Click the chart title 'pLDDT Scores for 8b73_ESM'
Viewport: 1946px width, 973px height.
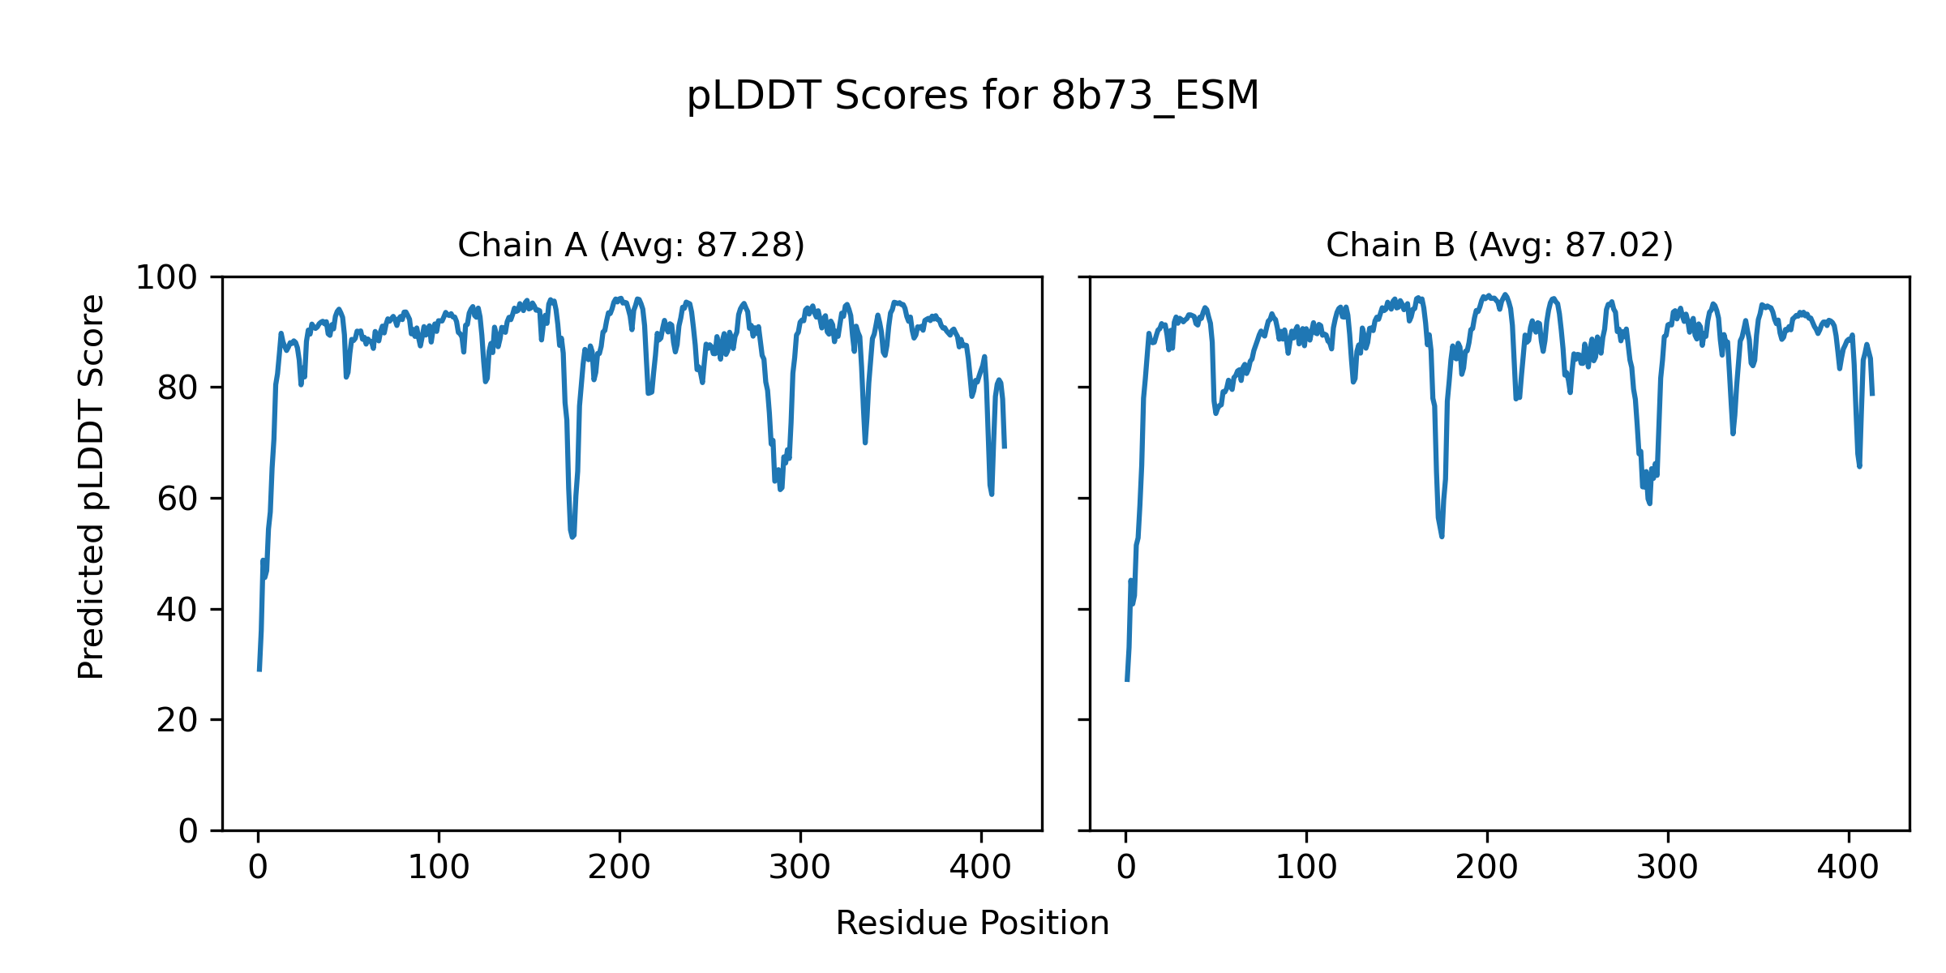[x=972, y=96]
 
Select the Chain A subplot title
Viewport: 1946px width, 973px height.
[x=631, y=245]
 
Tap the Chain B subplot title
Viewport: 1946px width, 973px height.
[x=1499, y=245]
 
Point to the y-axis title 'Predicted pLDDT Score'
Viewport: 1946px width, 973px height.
[x=91, y=486]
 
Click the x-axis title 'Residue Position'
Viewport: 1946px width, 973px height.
[x=972, y=923]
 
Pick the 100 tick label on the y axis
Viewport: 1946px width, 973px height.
[x=166, y=278]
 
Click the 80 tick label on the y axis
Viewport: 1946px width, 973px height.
[x=178, y=388]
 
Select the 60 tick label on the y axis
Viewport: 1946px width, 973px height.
[x=178, y=499]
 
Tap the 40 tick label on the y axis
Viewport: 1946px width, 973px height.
[x=178, y=610]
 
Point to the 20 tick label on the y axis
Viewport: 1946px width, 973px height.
[x=178, y=721]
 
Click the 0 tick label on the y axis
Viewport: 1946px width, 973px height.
[x=188, y=831]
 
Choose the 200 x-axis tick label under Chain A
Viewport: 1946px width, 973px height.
[x=619, y=868]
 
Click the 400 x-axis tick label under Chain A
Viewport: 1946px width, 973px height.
[x=981, y=868]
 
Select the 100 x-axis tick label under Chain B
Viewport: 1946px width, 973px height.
[x=1306, y=868]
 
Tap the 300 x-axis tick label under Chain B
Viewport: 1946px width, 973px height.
[x=1668, y=868]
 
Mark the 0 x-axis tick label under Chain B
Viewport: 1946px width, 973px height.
[x=1126, y=868]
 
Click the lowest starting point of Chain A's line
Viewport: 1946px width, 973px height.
[x=259, y=670]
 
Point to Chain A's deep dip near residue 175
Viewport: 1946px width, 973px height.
[x=572, y=536]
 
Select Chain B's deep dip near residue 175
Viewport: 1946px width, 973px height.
[x=1442, y=535]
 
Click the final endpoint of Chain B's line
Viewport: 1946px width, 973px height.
[x=1872, y=395]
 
